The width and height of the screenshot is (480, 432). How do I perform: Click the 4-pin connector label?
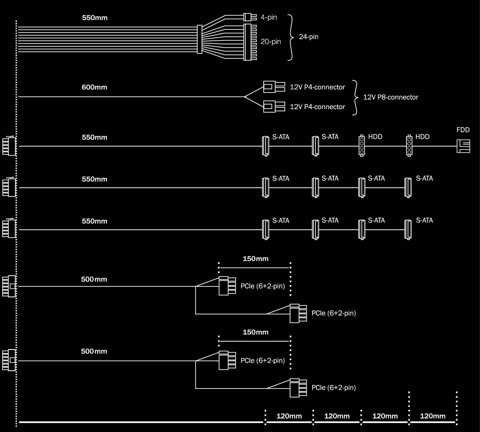[269, 17]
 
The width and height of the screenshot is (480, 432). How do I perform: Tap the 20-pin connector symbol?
[250, 42]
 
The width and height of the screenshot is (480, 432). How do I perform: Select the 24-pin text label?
[309, 37]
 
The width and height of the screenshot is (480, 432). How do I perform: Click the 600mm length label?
[94, 87]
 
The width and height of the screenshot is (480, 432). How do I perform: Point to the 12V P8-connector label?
[390, 97]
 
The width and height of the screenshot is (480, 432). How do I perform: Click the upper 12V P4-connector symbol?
[274, 87]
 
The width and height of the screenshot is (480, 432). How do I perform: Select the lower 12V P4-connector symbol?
[274, 106]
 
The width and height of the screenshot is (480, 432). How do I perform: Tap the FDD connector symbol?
[463, 146]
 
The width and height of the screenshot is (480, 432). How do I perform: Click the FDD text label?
[463, 130]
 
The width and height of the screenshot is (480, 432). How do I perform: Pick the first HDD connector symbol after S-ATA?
[362, 146]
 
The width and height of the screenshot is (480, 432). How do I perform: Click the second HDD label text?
[422, 137]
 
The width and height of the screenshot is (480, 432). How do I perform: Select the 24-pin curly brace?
[291, 37]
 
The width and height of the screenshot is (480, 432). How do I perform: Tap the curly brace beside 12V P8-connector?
[355, 97]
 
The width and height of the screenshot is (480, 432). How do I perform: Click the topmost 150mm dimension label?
[256, 259]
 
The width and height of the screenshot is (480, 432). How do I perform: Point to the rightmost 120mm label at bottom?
[432, 416]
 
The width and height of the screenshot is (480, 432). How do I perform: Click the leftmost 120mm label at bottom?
[289, 416]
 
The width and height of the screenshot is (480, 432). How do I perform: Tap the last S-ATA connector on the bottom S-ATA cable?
[408, 230]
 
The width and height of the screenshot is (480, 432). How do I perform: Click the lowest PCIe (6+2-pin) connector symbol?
[298, 388]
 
